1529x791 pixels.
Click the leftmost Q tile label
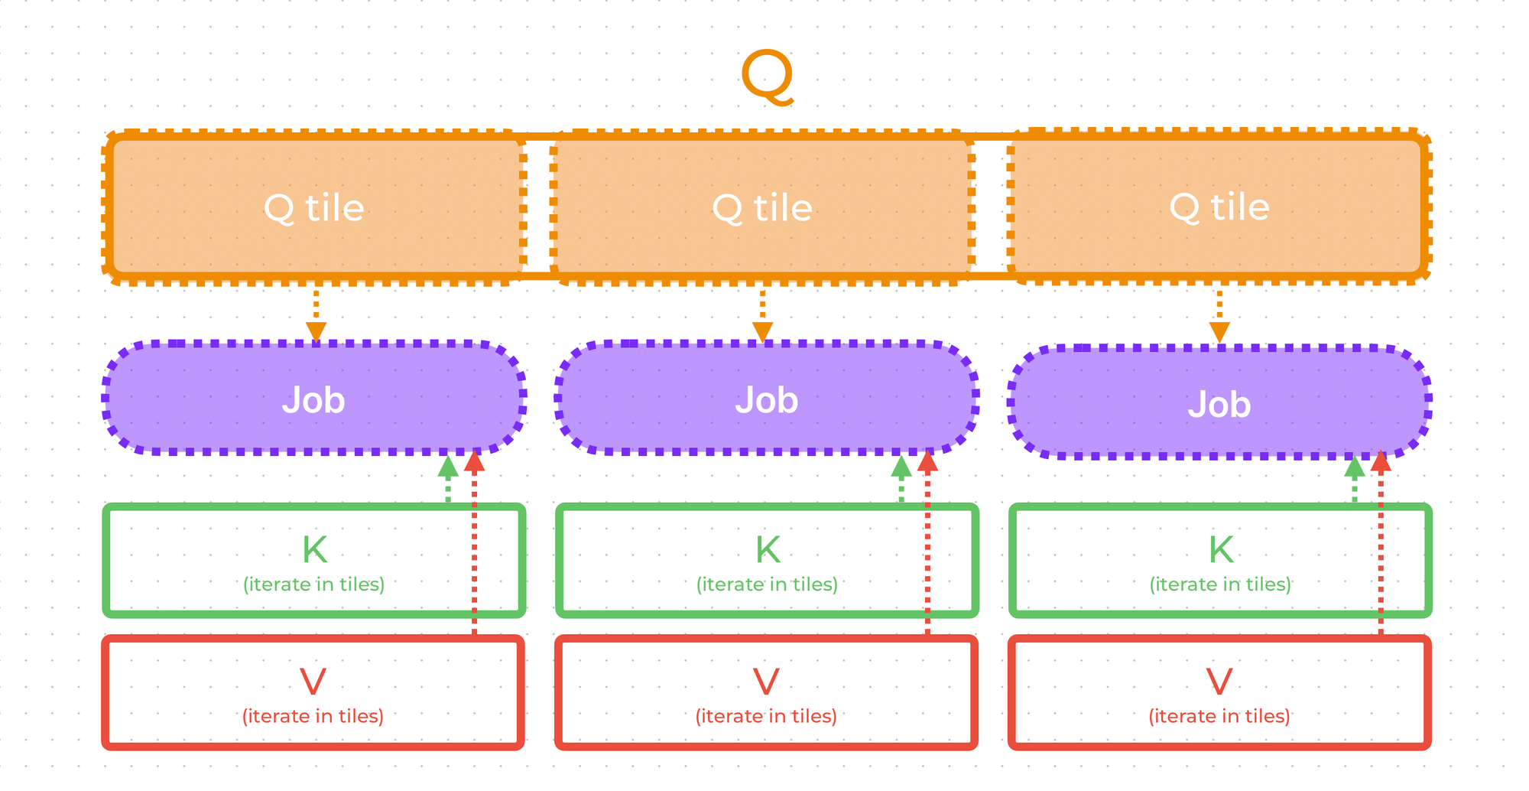(x=313, y=208)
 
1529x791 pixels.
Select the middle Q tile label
(x=761, y=208)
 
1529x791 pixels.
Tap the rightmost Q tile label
(x=1219, y=207)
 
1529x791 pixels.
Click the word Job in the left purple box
(x=313, y=400)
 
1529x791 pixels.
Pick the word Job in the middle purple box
(x=767, y=400)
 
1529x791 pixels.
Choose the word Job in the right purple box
(x=1219, y=404)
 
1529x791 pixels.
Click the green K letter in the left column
(x=314, y=549)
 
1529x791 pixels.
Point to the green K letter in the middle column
(x=768, y=549)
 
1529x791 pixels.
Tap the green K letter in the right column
(x=1221, y=549)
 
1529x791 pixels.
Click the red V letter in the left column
(x=313, y=681)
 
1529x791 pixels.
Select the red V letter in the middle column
(x=766, y=681)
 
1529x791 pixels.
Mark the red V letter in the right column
(x=1219, y=681)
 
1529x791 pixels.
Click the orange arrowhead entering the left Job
(x=316, y=332)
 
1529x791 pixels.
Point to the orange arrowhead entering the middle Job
(x=762, y=332)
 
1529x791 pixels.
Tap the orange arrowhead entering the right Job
(x=1219, y=333)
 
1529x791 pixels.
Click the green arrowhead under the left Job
(x=448, y=467)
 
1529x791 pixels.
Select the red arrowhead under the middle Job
(x=927, y=461)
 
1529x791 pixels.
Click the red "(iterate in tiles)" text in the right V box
(x=1219, y=716)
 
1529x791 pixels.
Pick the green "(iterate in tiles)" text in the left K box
(x=313, y=584)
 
